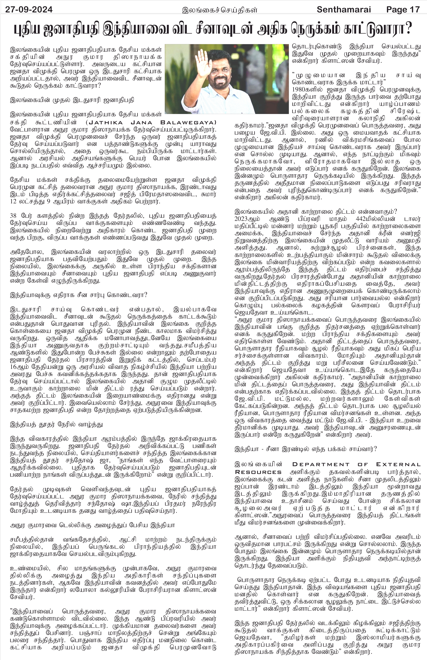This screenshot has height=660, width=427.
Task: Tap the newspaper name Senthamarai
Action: click(x=344, y=10)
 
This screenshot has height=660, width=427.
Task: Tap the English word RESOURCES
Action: click(x=258, y=472)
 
